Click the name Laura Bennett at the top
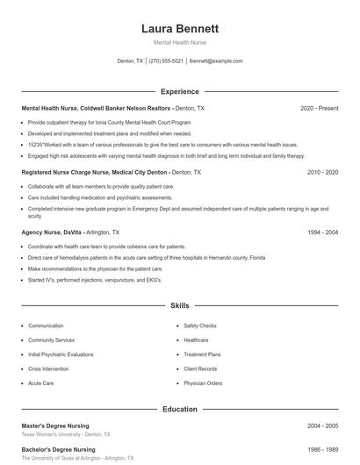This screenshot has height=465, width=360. pyautogui.click(x=179, y=28)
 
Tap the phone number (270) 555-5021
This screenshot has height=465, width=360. pyautogui.click(x=166, y=61)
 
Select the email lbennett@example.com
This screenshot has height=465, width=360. pyautogui.click(x=216, y=61)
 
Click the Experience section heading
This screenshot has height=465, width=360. pyautogui.click(x=179, y=91)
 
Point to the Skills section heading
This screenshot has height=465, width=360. pyautogui.click(x=179, y=306)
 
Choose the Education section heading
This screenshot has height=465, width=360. pyautogui.click(x=179, y=409)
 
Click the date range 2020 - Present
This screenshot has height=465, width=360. pyautogui.click(x=319, y=108)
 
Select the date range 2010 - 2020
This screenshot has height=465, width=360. pyautogui.click(x=322, y=173)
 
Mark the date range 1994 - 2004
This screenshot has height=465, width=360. pyautogui.click(x=322, y=232)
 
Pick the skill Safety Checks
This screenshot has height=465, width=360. pyautogui.click(x=200, y=325)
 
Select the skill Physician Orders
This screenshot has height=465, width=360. pyautogui.click(x=203, y=383)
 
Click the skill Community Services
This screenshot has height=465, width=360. pyautogui.click(x=51, y=340)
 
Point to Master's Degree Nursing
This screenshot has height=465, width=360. pyautogui.click(x=55, y=426)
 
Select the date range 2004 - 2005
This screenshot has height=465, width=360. pyautogui.click(x=322, y=426)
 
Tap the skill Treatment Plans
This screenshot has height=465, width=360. pyautogui.click(x=202, y=354)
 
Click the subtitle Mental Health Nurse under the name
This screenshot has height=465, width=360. pyautogui.click(x=179, y=42)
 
